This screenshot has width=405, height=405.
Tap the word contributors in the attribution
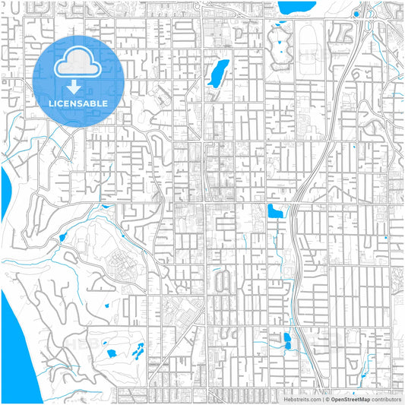386,398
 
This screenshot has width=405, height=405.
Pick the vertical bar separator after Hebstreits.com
321,398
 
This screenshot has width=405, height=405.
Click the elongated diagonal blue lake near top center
218,72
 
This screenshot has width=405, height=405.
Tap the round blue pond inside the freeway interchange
356,14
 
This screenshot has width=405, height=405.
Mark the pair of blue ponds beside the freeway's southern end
286,340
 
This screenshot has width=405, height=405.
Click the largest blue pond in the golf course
111,353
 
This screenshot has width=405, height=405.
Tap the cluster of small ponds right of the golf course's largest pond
138,351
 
